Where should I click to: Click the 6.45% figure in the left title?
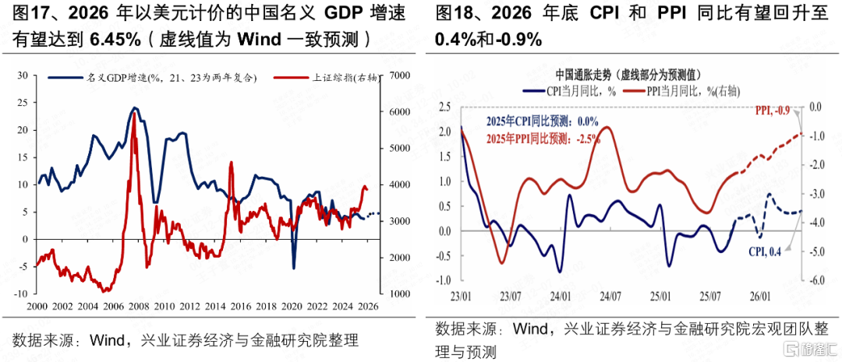tap(115, 40)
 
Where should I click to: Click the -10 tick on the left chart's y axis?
tap(21, 293)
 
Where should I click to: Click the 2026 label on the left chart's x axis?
tap(368, 306)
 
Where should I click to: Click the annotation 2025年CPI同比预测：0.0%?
tap(542, 121)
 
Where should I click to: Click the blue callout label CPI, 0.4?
tap(766, 251)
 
